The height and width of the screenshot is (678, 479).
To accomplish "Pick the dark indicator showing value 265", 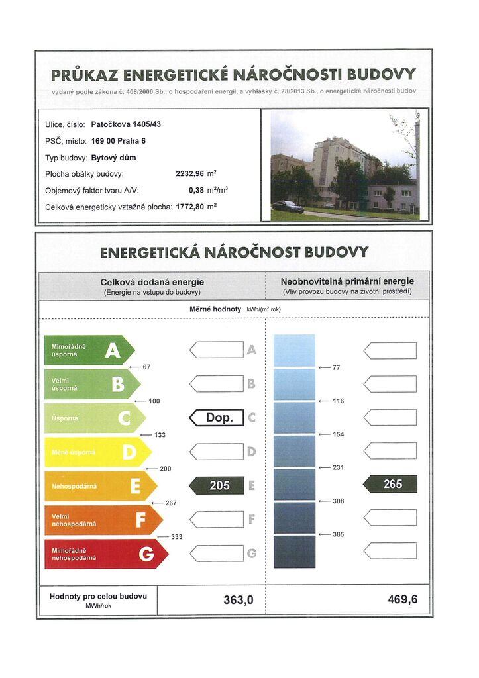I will (390, 484).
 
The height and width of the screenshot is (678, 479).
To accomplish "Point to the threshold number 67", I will (146, 367).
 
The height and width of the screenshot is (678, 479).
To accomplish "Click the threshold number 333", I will (176, 536).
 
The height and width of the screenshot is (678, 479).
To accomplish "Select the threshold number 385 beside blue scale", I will (338, 534).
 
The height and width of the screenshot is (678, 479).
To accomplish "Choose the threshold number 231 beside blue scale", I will (338, 467).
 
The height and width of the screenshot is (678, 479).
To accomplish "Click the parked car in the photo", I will (288, 206).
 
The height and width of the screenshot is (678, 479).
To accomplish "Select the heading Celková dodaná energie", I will (152, 282).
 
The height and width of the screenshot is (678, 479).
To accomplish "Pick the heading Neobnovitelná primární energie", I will (347, 282).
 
